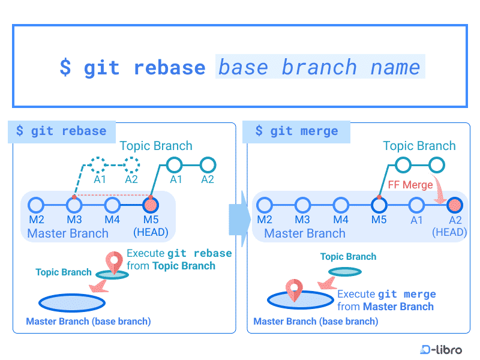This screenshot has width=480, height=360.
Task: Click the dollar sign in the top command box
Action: pyautogui.click(x=65, y=67)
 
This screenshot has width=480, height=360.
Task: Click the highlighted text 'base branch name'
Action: pyautogui.click(x=320, y=67)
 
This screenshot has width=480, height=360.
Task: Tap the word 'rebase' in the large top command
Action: pyautogui.click(x=170, y=67)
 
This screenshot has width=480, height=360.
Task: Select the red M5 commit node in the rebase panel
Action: pyautogui.click(x=151, y=205)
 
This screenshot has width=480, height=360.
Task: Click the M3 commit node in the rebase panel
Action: pyautogui.click(x=74, y=205)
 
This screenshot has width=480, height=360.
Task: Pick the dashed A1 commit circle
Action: pyautogui.click(x=98, y=165)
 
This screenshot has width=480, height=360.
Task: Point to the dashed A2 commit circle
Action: pyautogui.click(x=131, y=165)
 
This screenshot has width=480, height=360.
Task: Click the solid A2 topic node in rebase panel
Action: pyautogui.click(x=208, y=165)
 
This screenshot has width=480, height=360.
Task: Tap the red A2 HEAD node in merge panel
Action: pyautogui.click(x=455, y=205)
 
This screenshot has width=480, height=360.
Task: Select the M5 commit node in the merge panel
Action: pyautogui.click(x=379, y=205)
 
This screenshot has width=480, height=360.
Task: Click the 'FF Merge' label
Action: pyautogui.click(x=410, y=185)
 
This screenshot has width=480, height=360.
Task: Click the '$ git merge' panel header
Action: pyautogui.click(x=296, y=131)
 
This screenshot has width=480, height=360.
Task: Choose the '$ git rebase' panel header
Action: pyautogui.click(x=62, y=131)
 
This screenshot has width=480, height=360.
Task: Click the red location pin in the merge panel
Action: pyautogui.click(x=294, y=290)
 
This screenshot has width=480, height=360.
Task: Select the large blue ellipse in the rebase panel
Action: pyautogui.click(x=72, y=303)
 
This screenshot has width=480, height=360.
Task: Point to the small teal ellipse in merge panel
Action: pyautogui.click(x=345, y=272)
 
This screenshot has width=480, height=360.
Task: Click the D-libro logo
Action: pyautogui.click(x=441, y=349)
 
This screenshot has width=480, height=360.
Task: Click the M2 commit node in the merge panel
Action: pyautogui.click(x=265, y=205)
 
